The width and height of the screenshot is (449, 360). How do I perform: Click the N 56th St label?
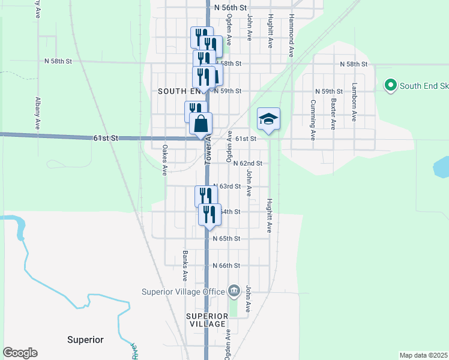point(230,8)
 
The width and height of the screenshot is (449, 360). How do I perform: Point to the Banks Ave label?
point(185,266)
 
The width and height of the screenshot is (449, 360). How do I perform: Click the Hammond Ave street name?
point(291,36)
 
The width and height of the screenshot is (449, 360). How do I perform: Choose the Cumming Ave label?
point(313,119)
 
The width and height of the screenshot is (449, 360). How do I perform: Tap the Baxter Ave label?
point(333,114)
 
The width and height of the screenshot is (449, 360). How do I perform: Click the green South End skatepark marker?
point(391,86)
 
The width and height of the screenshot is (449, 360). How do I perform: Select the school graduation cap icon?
point(269,118)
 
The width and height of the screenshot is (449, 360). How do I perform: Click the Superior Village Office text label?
point(182,292)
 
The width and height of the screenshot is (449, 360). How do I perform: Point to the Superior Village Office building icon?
point(234,292)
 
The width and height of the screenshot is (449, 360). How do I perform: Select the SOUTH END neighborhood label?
point(178,91)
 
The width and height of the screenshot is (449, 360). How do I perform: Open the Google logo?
point(20,353)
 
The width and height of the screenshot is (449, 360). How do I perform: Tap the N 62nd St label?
point(248,163)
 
